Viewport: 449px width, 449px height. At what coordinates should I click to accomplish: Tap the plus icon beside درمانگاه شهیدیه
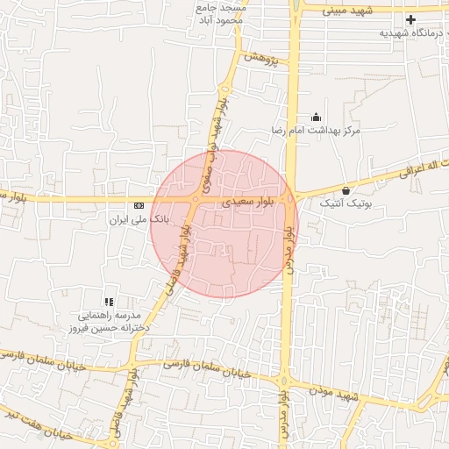click(410, 18)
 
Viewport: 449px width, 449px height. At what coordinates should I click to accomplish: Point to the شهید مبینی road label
click(347, 11)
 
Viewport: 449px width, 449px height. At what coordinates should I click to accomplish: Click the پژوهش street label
click(266, 60)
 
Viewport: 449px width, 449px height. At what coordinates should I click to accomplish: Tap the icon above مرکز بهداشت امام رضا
click(316, 118)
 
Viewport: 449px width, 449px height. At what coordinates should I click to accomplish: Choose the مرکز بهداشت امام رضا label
click(315, 131)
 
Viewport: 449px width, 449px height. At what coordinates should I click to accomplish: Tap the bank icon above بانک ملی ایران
click(139, 205)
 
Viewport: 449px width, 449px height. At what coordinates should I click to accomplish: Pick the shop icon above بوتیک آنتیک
click(346, 190)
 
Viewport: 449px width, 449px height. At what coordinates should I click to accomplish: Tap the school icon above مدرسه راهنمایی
click(109, 301)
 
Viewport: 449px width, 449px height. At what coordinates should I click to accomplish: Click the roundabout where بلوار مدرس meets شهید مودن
click(284, 381)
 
